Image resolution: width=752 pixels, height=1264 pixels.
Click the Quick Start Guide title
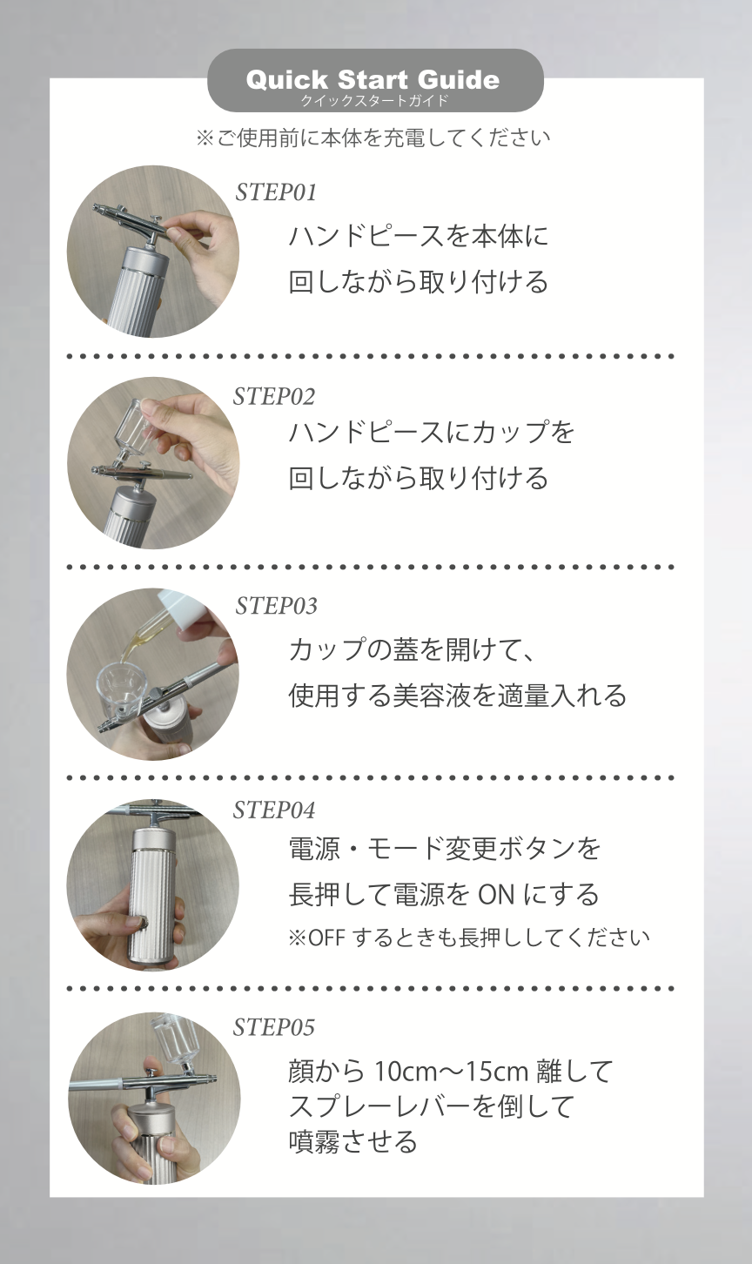[373, 80]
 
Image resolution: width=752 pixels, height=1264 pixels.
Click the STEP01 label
[275, 192]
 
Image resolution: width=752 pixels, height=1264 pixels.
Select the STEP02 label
[273, 396]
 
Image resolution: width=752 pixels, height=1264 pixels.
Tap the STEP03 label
[276, 605]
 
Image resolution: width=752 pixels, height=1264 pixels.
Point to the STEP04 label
[273, 810]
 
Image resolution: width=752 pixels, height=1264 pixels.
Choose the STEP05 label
[273, 1027]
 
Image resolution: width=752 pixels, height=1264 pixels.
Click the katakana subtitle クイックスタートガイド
[374, 101]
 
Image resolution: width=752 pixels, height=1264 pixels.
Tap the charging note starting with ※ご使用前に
[373, 138]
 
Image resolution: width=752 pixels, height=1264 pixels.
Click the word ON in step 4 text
[502, 894]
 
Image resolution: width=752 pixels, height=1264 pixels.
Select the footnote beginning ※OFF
[468, 938]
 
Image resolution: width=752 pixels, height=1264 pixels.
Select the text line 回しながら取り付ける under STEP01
[418, 282]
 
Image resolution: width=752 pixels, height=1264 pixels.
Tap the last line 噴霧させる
[352, 1141]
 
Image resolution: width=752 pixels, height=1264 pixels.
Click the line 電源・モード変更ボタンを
[444, 848]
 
